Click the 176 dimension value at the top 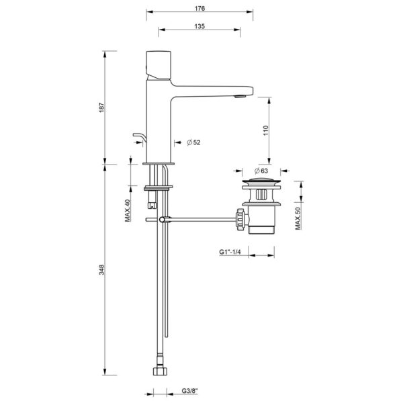(199, 8)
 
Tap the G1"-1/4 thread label (230, 252)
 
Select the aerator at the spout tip (237, 96)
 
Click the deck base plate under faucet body (159, 163)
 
